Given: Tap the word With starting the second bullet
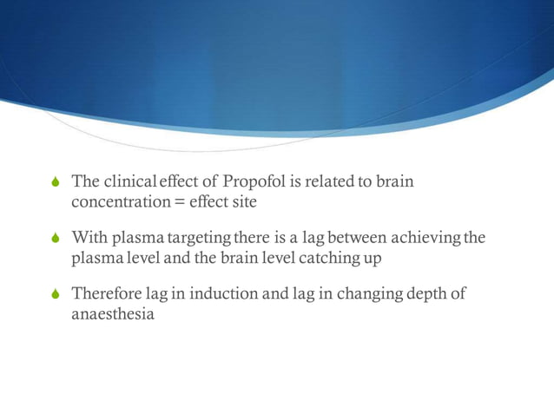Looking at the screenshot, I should click(x=89, y=237).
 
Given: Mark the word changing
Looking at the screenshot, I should click(x=359, y=293).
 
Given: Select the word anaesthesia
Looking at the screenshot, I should click(x=113, y=313).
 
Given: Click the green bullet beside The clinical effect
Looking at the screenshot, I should click(x=57, y=182).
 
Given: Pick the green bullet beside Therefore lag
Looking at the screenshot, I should click(x=57, y=294).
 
